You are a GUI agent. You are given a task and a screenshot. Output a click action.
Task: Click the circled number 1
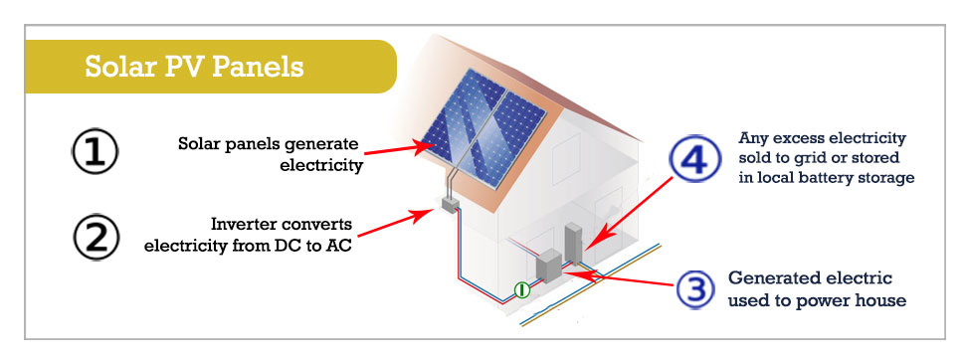96,153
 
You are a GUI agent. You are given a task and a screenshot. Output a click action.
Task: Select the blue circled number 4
694,160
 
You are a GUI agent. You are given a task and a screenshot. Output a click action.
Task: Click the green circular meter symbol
519,290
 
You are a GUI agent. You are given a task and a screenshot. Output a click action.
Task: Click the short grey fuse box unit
548,269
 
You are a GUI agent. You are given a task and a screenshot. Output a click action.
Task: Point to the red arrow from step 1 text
398,148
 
